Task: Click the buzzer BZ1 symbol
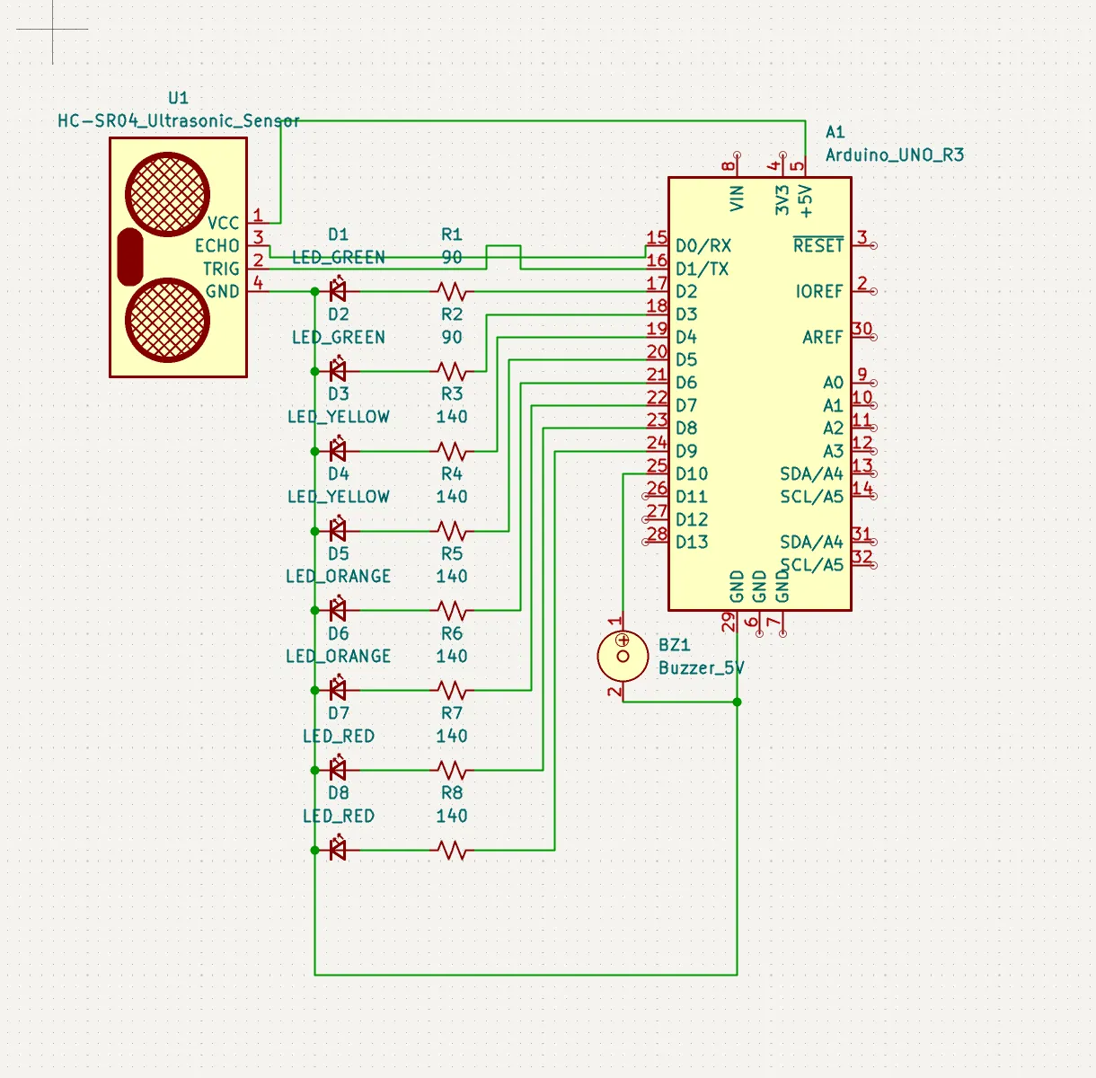[x=623, y=656]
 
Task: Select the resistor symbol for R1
[x=452, y=291]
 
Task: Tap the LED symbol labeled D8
[x=338, y=849]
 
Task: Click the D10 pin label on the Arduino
[x=692, y=473]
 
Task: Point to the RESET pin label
[x=818, y=245]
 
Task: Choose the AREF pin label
[x=823, y=337]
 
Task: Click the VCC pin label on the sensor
[x=223, y=223]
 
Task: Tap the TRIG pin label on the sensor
[x=221, y=269]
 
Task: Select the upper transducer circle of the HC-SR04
[x=168, y=194]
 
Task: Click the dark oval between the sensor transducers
[x=130, y=256]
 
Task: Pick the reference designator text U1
[x=178, y=98]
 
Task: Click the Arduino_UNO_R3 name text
[x=894, y=155]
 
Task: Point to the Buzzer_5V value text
[x=701, y=667]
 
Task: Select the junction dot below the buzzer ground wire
[x=737, y=702]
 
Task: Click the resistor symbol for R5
[x=452, y=610]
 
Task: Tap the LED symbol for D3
[x=338, y=450]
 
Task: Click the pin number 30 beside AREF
[x=862, y=329]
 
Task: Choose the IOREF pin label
[x=818, y=291]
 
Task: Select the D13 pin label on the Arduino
[x=692, y=542]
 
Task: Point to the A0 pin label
[x=833, y=383]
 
